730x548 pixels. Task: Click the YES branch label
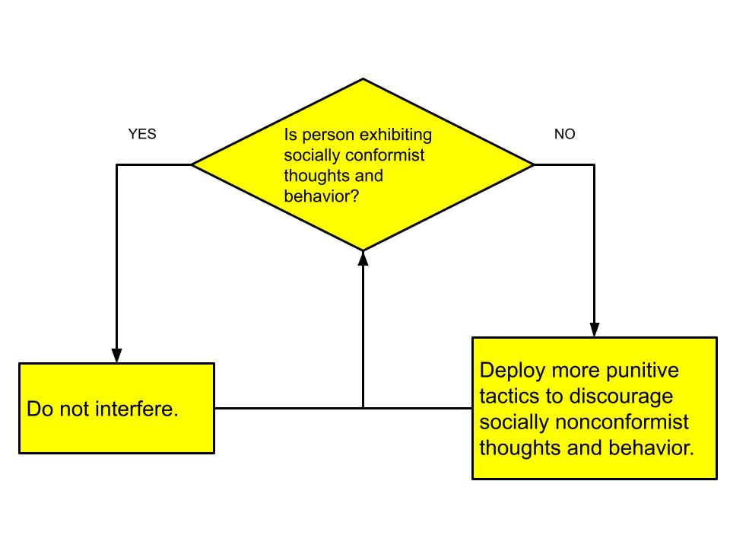[x=142, y=134]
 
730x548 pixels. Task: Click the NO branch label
[x=565, y=134]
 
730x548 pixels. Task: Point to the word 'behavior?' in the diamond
[x=322, y=196]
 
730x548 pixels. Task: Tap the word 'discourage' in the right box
[x=621, y=397]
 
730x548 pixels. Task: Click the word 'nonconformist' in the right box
[x=622, y=422]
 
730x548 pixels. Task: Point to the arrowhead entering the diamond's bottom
[x=363, y=258]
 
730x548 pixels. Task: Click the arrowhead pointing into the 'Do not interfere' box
[x=117, y=355]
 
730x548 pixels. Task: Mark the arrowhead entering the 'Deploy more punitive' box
[x=595, y=330]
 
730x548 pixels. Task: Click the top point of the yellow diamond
[x=363, y=78]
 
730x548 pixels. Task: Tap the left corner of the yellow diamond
[x=192, y=164]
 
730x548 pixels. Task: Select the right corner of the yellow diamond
[x=534, y=164]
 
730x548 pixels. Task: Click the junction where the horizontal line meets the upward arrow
[x=363, y=408]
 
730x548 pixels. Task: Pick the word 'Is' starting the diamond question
[x=290, y=135]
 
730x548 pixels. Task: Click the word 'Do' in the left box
[x=40, y=409]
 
